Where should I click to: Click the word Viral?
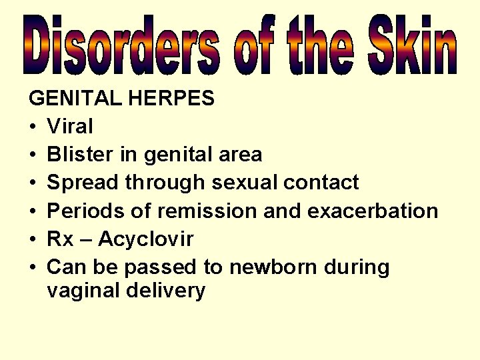(x=71, y=127)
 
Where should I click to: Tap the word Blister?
(x=80, y=155)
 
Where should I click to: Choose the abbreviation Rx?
(x=60, y=239)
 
